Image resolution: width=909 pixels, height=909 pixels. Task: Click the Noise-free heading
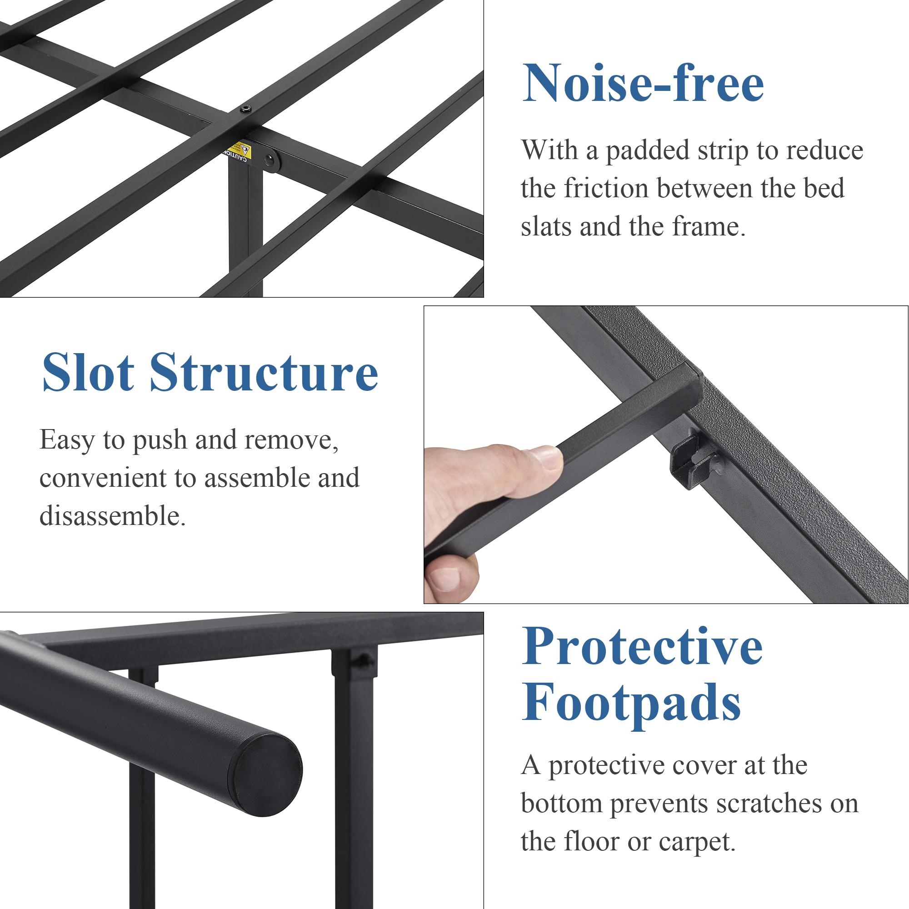[x=643, y=84]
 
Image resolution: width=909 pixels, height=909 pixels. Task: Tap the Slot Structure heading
[x=210, y=373]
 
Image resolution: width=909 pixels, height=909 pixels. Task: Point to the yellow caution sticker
[x=238, y=151]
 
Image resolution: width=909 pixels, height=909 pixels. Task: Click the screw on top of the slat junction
[x=245, y=110]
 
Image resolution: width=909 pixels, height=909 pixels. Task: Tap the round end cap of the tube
[x=266, y=772]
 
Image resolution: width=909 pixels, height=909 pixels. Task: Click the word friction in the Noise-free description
[x=606, y=188]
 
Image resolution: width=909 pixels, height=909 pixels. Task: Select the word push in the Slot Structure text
[x=159, y=440]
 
